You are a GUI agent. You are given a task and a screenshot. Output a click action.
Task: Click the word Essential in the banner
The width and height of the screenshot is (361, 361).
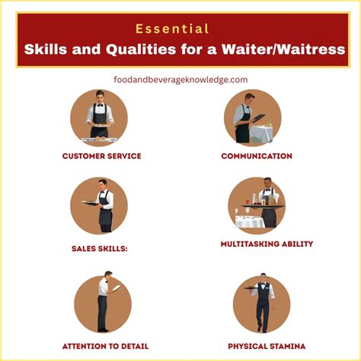coord(172,29)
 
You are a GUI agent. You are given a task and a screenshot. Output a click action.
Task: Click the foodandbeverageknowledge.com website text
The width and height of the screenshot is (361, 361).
coord(180,79)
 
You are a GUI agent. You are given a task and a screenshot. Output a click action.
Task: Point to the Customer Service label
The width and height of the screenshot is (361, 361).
coord(101,156)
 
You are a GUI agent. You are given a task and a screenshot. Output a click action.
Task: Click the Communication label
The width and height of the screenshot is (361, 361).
coord(257,156)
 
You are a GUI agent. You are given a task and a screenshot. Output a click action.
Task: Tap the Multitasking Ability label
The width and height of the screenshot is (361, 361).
coord(256,244)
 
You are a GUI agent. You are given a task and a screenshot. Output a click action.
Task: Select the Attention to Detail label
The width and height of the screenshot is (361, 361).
coord(105,346)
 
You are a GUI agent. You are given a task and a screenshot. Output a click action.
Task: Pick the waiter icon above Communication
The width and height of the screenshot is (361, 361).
coord(252,117)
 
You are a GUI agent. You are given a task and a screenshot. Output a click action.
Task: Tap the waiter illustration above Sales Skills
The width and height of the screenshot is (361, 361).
coord(99,206)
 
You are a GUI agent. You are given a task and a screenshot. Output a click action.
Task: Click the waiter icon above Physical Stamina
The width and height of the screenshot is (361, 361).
coord(261,303)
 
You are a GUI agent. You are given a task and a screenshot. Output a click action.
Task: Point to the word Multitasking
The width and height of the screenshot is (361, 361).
coord(238,244)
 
